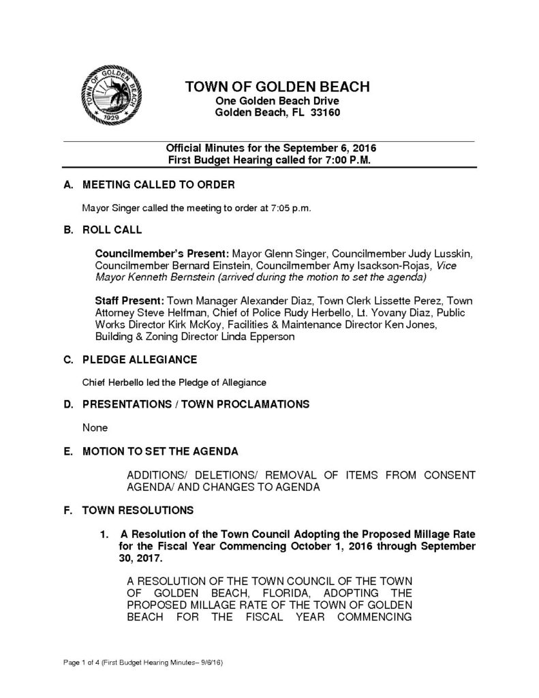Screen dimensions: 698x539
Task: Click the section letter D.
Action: coord(67,404)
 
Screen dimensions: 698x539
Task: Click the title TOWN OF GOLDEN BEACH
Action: coord(277,87)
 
